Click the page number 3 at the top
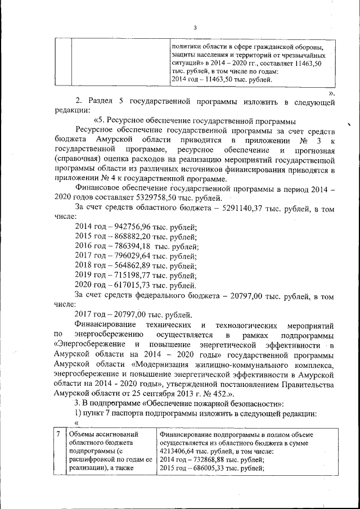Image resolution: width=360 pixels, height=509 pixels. (195, 28)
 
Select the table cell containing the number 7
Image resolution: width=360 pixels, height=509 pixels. (58, 435)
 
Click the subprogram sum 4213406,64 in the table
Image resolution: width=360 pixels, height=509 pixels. (181, 451)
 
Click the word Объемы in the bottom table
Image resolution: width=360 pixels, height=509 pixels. (82, 435)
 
